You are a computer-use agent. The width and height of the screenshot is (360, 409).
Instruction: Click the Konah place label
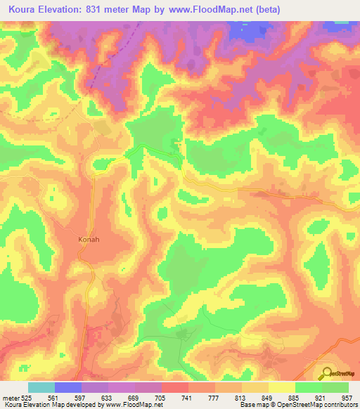pyautogui.click(x=88, y=239)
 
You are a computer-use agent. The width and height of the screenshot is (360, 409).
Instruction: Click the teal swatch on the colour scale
pyautogui.click(x=41, y=387)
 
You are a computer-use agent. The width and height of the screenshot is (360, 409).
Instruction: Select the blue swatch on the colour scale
pyautogui.click(x=68, y=387)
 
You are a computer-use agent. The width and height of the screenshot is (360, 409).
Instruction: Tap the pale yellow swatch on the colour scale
pyautogui.click(x=282, y=387)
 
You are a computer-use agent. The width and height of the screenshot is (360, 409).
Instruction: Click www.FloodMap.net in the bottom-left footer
pyautogui.click(x=133, y=405)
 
